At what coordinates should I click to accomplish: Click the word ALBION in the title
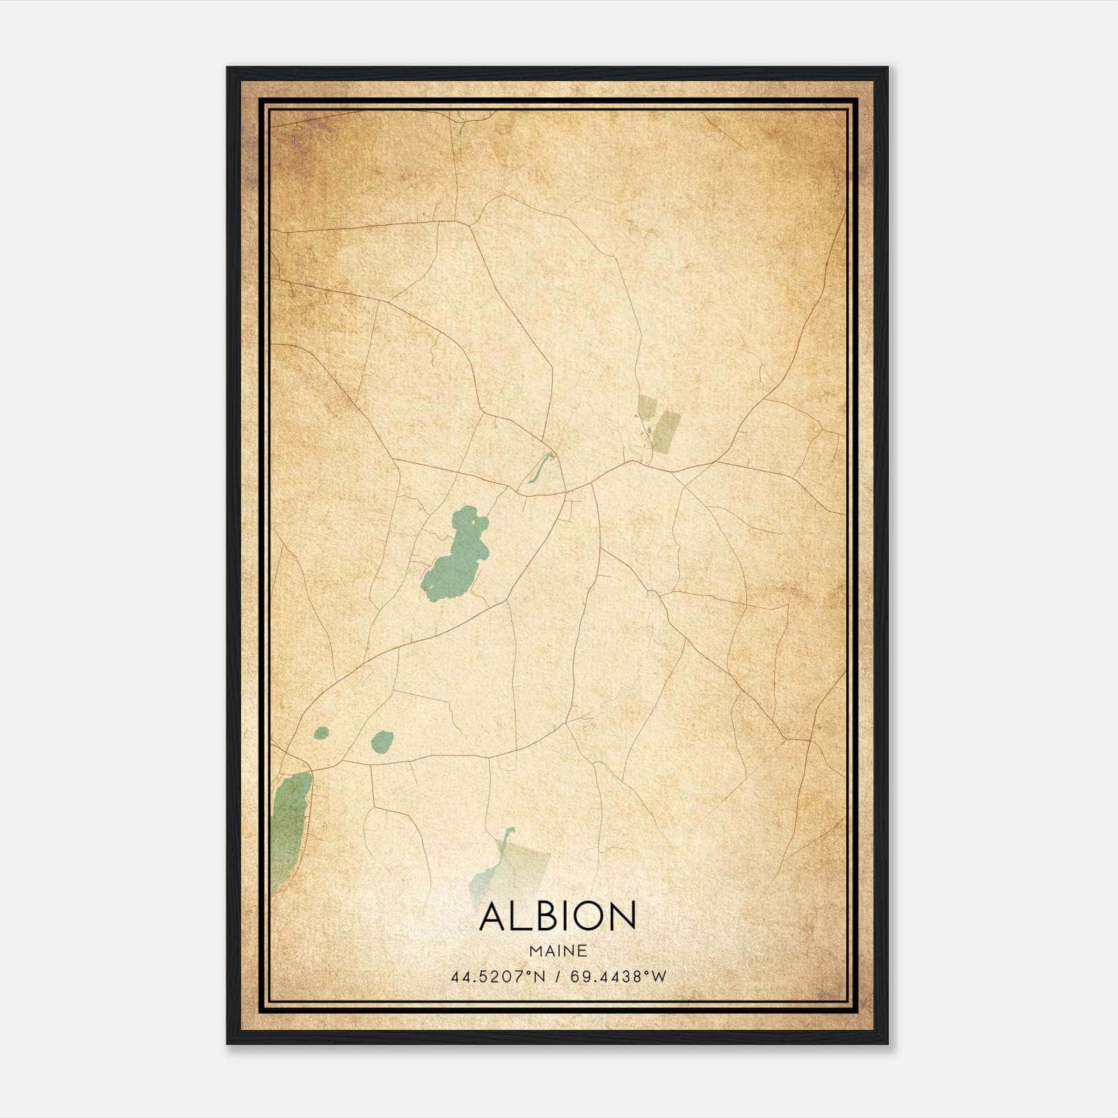pos(558,916)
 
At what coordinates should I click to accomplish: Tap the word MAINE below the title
pos(558,951)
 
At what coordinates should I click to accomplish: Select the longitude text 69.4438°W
pos(618,977)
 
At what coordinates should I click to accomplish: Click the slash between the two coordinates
pos(558,977)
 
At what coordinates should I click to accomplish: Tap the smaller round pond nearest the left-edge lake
pos(321,733)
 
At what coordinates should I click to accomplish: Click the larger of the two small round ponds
pos(382,741)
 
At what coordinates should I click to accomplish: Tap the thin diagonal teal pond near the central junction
pos(539,467)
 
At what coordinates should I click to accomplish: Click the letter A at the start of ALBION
pos(495,916)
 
